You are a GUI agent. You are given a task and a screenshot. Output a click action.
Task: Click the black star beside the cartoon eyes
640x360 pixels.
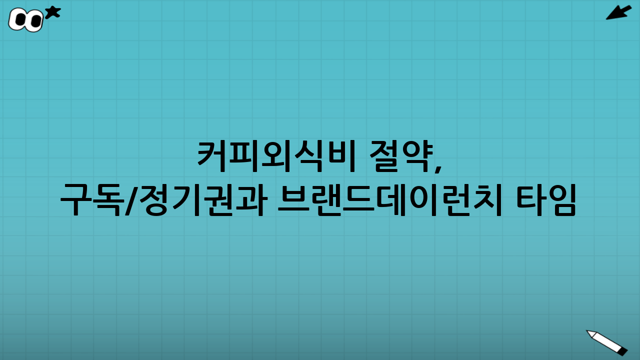52,12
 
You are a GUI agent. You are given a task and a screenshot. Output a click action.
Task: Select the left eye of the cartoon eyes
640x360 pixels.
20,19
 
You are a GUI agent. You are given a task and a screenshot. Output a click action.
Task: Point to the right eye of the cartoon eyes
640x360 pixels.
35,21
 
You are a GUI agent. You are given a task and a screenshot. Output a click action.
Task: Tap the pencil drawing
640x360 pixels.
606,342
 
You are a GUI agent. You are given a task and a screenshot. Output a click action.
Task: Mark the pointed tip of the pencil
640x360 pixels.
588,332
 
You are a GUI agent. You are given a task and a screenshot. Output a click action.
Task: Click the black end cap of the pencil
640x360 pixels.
622,351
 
